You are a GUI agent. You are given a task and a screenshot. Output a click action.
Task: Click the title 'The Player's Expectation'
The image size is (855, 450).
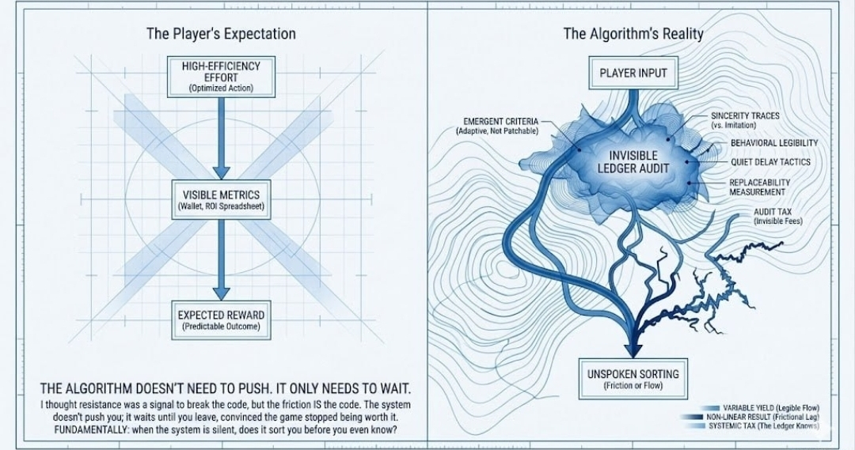coord(221,34)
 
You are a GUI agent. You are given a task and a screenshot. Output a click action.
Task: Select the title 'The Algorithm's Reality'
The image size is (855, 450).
coord(633,34)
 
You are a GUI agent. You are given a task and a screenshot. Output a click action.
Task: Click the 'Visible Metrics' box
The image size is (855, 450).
coord(221,199)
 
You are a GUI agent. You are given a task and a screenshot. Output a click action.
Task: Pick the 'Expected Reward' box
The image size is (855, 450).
coord(221,320)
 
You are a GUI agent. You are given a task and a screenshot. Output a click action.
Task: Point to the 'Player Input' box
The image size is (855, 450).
coord(633,74)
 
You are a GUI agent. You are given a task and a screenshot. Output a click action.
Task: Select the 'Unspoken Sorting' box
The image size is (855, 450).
coord(633,378)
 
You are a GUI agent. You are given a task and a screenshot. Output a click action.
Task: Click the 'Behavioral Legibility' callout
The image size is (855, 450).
coord(773,143)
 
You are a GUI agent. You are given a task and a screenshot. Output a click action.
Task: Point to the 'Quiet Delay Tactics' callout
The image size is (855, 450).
coord(770,162)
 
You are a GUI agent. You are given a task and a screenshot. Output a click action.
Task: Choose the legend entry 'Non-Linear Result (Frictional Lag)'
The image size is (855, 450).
coord(759,416)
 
